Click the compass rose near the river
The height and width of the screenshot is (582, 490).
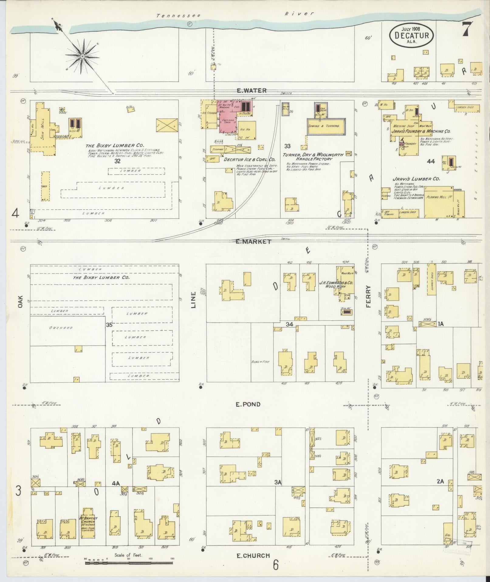pyautogui.click(x=82, y=57)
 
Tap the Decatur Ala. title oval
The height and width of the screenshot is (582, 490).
pyautogui.click(x=411, y=35)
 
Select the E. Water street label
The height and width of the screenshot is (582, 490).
pyautogui.click(x=252, y=90)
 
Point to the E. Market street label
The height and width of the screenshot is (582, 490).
pyautogui.click(x=253, y=242)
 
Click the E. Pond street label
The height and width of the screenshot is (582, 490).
pyautogui.click(x=248, y=404)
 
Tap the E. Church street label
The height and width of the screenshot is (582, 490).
pyautogui.click(x=253, y=556)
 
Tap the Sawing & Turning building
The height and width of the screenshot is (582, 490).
pyautogui.click(x=326, y=126)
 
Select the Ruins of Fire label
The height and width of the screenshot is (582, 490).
pyautogui.click(x=261, y=362)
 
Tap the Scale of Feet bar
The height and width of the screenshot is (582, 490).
pyautogui.click(x=129, y=563)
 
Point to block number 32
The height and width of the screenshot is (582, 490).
pyautogui.click(x=118, y=161)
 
